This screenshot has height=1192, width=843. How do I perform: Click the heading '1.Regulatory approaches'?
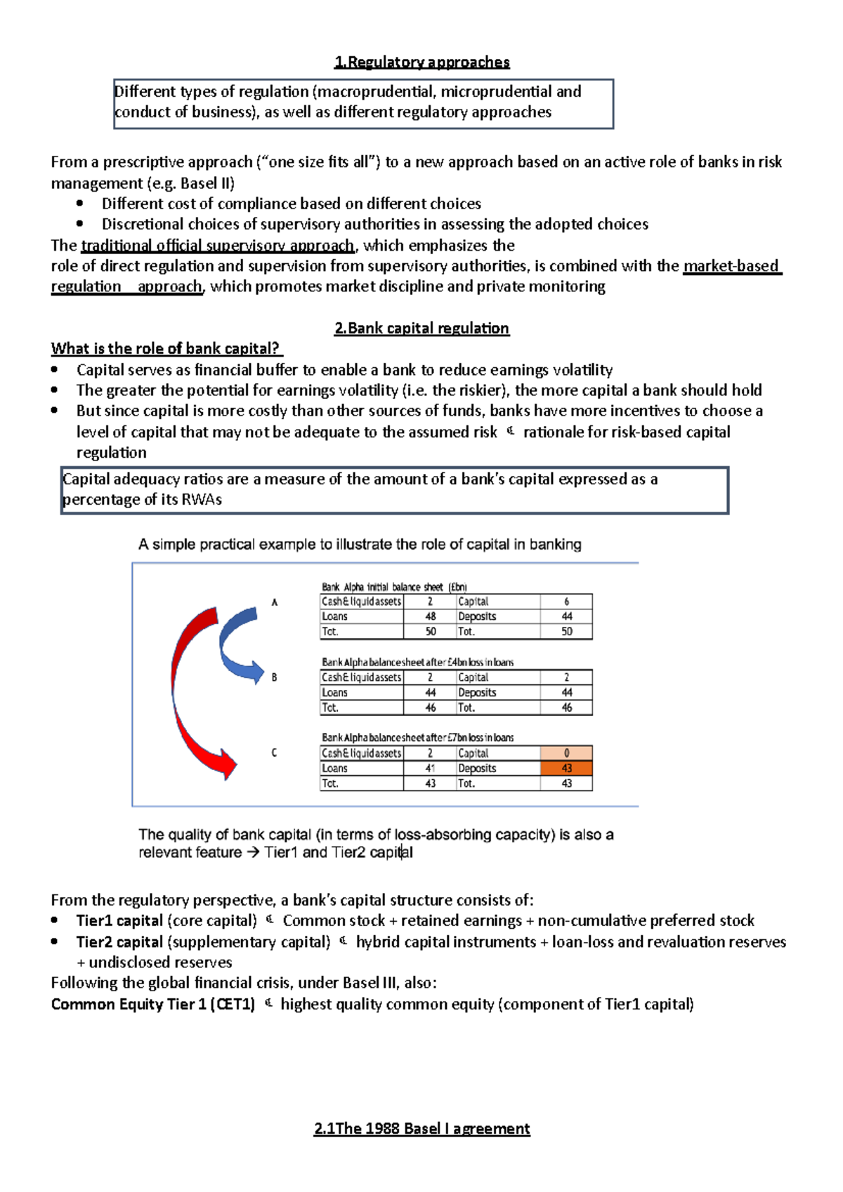[x=421, y=62]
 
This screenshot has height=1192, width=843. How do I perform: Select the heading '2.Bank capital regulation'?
[x=421, y=329]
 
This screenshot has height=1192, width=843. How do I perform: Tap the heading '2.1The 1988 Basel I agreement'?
[x=421, y=1129]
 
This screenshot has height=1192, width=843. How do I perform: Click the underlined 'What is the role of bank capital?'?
[x=166, y=349]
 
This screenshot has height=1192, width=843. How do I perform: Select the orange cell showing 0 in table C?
[x=566, y=753]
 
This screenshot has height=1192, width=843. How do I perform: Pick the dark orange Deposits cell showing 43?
[x=566, y=769]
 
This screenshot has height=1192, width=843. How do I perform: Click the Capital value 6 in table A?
[x=566, y=602]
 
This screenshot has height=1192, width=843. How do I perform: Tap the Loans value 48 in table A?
[x=431, y=616]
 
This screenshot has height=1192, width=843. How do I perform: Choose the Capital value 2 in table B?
[x=566, y=677]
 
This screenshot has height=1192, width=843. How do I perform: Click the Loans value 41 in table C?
[x=431, y=769]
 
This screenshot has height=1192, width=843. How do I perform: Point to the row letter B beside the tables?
[x=274, y=677]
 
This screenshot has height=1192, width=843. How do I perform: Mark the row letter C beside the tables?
[x=274, y=753]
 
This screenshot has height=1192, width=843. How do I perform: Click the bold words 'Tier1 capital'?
[x=119, y=921]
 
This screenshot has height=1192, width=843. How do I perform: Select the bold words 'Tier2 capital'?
[x=119, y=942]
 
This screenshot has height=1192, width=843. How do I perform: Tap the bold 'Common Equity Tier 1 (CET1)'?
[x=152, y=1005]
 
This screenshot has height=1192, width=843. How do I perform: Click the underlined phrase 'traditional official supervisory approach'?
[x=218, y=246]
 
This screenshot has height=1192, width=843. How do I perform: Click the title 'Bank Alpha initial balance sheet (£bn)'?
[x=394, y=587]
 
